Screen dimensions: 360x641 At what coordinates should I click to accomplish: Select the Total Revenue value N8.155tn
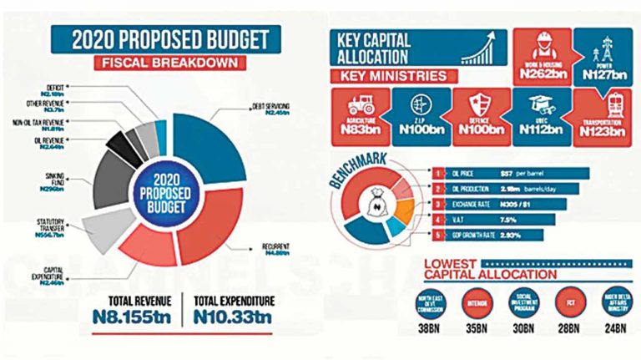[139, 317]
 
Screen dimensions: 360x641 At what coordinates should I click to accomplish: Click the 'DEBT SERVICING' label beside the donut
[271, 109]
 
